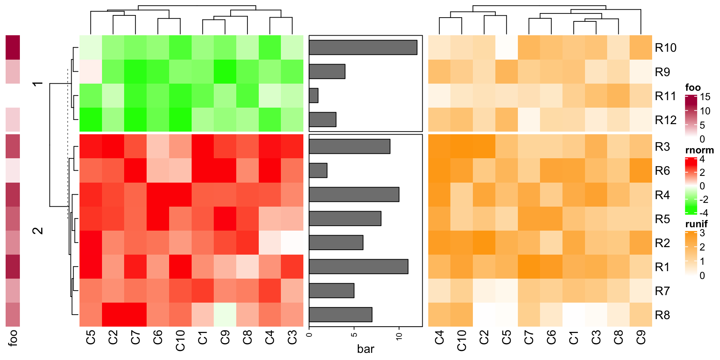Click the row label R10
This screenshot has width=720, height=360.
665,48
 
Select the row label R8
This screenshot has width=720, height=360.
662,315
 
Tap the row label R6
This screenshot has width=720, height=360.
662,171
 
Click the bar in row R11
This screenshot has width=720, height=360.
314,96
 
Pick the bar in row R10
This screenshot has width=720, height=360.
363,48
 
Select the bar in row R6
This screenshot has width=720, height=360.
318,171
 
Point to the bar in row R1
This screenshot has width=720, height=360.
358,267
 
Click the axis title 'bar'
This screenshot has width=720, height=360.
366,349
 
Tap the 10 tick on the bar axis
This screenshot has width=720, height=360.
399,336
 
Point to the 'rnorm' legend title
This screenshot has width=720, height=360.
699,150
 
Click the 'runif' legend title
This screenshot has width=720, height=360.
696,224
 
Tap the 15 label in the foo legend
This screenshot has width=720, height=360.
705,97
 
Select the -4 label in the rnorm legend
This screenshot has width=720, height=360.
703,213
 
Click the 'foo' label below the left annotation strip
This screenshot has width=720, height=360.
13,338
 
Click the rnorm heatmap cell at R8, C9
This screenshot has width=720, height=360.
225,315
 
